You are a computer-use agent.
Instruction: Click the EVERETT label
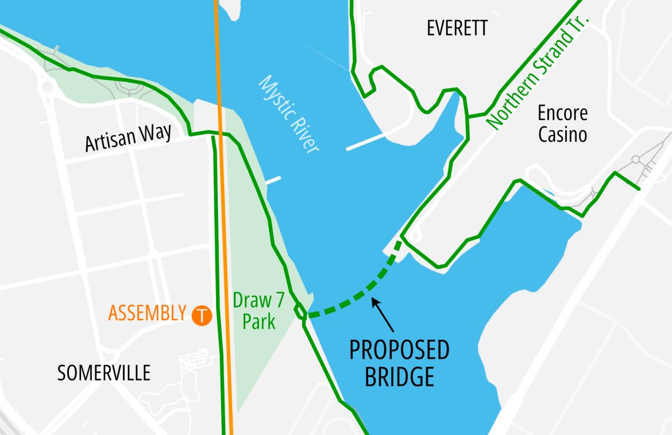point(457,28)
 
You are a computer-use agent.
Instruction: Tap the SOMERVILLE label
point(104,373)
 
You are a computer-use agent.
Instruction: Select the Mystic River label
point(289,114)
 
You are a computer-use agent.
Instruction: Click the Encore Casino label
point(562,123)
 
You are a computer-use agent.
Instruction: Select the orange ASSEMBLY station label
point(147,313)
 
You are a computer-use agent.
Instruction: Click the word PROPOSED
point(399,350)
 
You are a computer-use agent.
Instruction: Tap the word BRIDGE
point(399,377)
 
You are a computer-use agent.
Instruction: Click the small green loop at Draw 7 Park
point(300,312)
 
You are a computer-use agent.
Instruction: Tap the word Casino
point(562,134)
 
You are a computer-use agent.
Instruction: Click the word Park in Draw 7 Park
point(258,321)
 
